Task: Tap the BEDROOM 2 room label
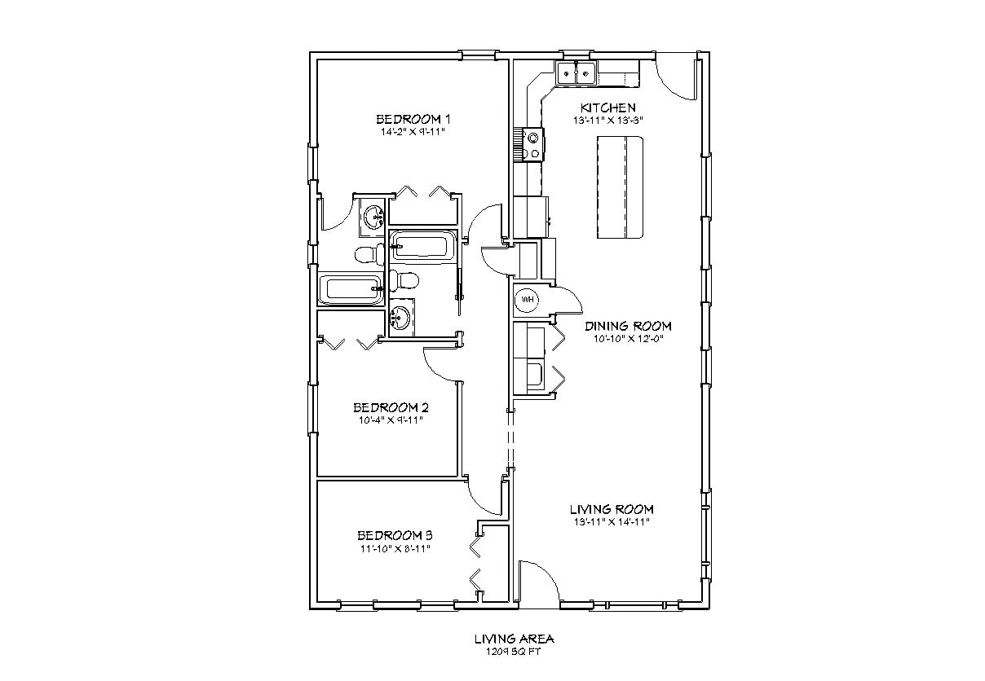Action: [391, 407]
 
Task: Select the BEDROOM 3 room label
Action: [394, 535]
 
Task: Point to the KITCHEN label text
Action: [607, 108]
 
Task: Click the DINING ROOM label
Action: [628, 326]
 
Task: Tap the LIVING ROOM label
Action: [611, 509]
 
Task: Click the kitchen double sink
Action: [576, 73]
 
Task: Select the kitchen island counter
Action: [621, 187]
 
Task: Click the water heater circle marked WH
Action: [527, 300]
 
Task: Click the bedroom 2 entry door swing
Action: [440, 362]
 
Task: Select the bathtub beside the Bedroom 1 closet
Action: [422, 246]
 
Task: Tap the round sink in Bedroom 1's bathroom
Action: [373, 217]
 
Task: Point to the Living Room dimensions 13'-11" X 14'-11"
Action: [611, 522]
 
